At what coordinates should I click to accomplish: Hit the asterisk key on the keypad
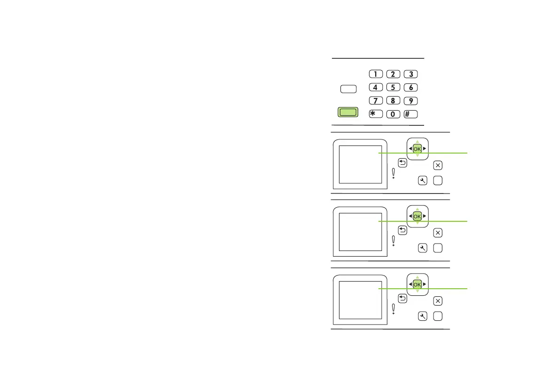click(x=375, y=114)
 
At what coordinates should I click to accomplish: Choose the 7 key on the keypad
click(x=375, y=100)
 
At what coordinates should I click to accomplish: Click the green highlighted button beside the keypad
click(x=348, y=112)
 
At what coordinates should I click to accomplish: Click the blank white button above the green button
click(x=348, y=89)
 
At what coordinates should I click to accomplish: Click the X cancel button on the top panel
click(x=438, y=165)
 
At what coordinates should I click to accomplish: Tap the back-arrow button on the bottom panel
click(x=402, y=298)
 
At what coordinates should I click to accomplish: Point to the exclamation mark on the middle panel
click(x=393, y=241)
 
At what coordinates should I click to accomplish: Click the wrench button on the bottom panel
click(x=422, y=316)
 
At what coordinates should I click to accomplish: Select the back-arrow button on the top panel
click(x=402, y=163)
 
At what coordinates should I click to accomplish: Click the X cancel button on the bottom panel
click(x=438, y=300)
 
